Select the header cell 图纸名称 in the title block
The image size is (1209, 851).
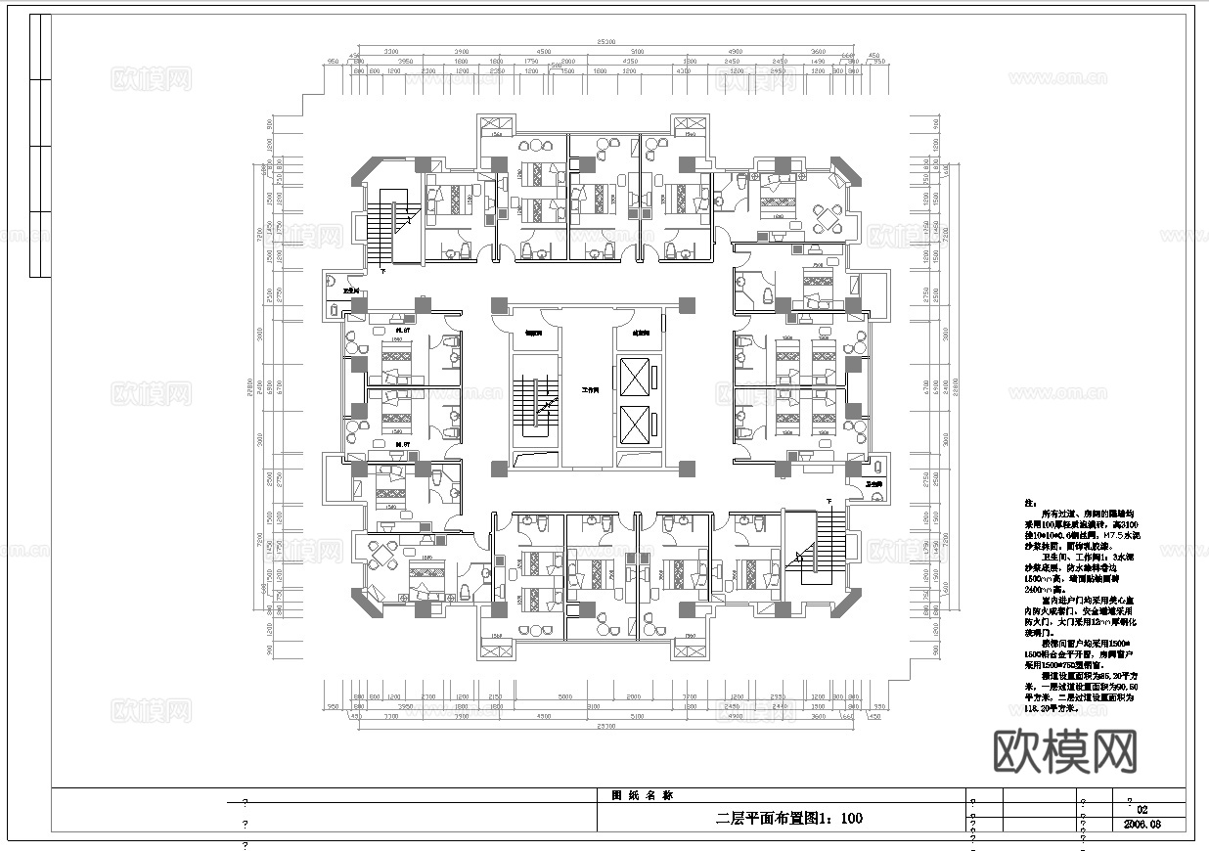(635, 795)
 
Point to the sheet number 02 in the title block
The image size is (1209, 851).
(1142, 810)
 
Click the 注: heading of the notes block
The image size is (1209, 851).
(1029, 503)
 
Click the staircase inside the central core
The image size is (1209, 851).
(534, 402)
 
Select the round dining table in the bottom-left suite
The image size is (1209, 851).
(381, 555)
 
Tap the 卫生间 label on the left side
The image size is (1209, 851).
(349, 291)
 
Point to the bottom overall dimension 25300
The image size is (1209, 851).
(605, 726)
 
